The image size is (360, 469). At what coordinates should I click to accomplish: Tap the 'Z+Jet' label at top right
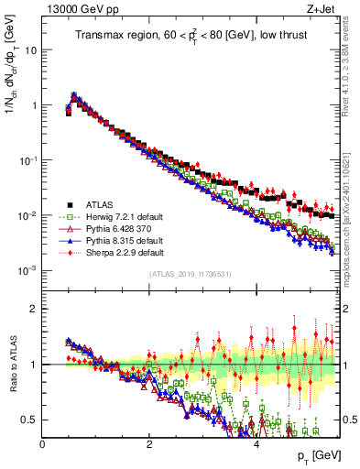[x=321, y=8]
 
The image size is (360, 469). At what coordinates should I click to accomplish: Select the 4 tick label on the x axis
[x=256, y=443]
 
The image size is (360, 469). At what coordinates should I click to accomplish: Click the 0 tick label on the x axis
[x=42, y=443]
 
